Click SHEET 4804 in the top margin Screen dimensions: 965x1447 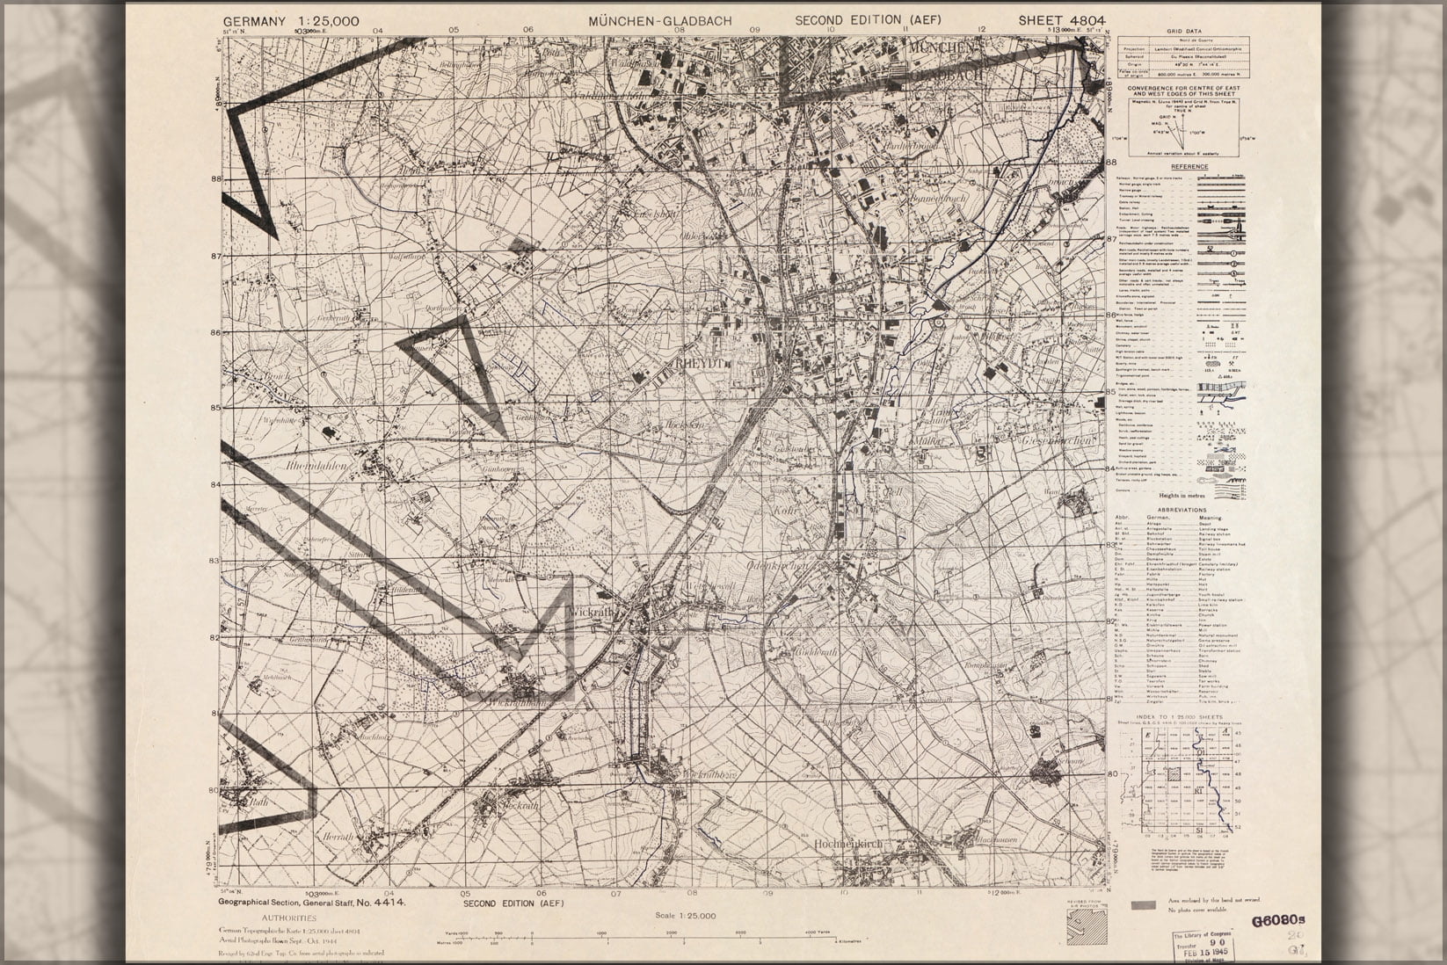1062,21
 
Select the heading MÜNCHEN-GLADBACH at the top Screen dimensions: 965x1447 660,21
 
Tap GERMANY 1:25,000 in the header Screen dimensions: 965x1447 291,21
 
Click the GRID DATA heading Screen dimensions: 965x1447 1184,31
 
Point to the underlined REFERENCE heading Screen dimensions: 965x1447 1189,167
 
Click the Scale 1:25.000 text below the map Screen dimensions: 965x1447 686,916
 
